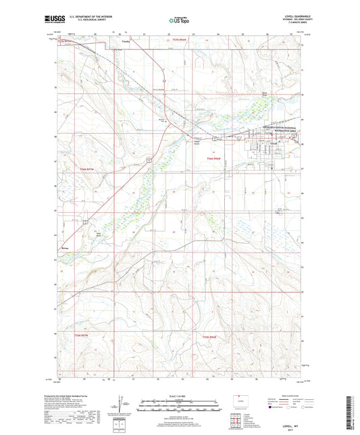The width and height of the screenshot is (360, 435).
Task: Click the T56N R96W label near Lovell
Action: [x=215, y=159]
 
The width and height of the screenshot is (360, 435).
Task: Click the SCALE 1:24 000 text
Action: [x=180, y=396]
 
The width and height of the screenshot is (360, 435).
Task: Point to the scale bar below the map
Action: [x=180, y=407]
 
